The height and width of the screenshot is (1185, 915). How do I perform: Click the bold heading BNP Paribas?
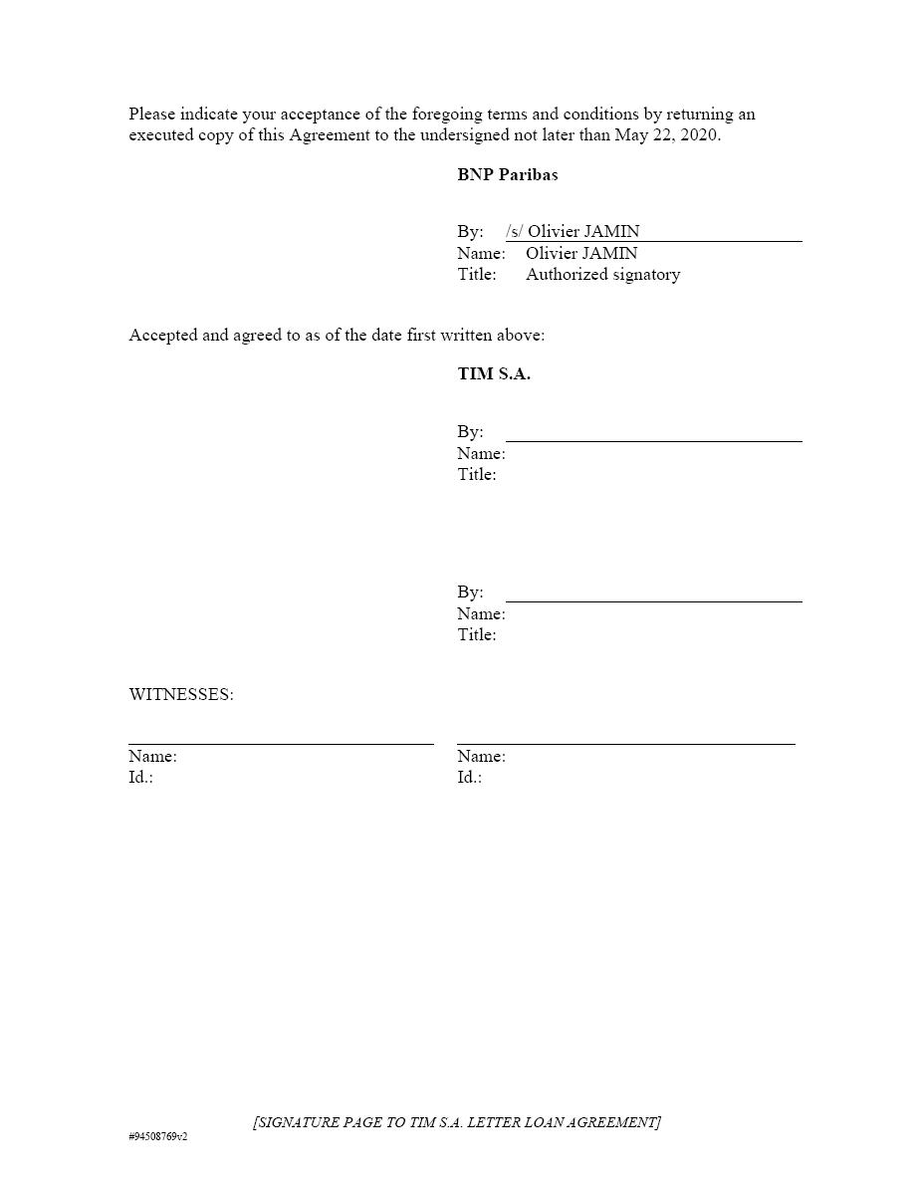(507, 174)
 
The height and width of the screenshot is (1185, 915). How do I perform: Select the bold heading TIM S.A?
(494, 374)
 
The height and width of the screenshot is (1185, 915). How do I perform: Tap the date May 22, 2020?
(666, 135)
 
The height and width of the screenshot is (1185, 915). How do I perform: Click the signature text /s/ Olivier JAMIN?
(572, 232)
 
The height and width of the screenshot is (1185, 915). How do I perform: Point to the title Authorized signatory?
(602, 274)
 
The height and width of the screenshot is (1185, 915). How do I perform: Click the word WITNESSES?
(180, 694)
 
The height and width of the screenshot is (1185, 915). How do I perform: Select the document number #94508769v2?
(158, 1136)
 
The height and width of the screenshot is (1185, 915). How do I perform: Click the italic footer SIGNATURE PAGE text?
(457, 1122)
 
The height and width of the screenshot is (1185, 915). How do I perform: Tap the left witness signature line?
(281, 743)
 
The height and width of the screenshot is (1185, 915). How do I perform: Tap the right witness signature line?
(625, 743)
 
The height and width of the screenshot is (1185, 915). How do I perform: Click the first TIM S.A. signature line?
(653, 440)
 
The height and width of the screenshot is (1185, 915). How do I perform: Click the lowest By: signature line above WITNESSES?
(653, 601)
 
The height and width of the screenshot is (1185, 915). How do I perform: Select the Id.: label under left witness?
(140, 777)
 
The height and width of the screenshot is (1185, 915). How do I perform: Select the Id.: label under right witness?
(469, 777)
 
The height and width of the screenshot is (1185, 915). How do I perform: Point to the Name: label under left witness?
(152, 756)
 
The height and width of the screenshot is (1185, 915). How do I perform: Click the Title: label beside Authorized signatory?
(477, 274)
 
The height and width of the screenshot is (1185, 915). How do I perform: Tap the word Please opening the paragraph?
(152, 115)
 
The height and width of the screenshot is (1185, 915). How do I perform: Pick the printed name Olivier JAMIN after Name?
(581, 253)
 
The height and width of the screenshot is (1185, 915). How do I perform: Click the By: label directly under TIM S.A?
(470, 431)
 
